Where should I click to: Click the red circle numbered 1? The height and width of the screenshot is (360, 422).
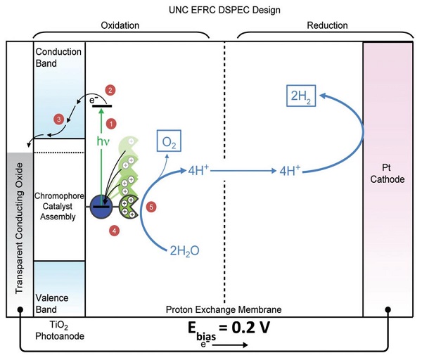(111, 124)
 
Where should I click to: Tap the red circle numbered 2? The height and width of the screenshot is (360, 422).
(110, 91)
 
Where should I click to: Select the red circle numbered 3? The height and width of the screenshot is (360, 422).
(58, 120)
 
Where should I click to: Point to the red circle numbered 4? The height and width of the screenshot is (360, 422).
(115, 231)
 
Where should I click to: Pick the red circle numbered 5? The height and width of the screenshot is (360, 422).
(151, 207)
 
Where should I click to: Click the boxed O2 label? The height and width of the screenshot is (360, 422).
(169, 141)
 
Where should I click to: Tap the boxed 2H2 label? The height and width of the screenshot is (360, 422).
(301, 96)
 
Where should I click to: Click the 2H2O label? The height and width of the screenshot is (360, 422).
(184, 251)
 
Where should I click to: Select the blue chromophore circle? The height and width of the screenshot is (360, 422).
(101, 207)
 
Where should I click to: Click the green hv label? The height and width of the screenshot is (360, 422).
(103, 141)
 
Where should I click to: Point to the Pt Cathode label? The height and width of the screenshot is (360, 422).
(388, 174)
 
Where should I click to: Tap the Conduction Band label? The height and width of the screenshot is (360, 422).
(58, 58)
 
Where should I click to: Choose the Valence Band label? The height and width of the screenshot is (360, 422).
(51, 304)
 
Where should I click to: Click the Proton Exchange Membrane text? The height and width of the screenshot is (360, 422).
(224, 309)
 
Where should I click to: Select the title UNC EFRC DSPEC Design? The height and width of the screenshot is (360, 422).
(224, 10)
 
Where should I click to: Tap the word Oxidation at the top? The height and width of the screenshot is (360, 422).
(120, 25)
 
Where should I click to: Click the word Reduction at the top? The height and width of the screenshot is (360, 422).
(327, 25)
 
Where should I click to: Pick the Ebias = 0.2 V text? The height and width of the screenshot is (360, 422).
(229, 330)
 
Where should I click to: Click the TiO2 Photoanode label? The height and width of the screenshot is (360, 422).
(60, 330)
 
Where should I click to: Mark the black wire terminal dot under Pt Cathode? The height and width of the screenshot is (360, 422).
(388, 309)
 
